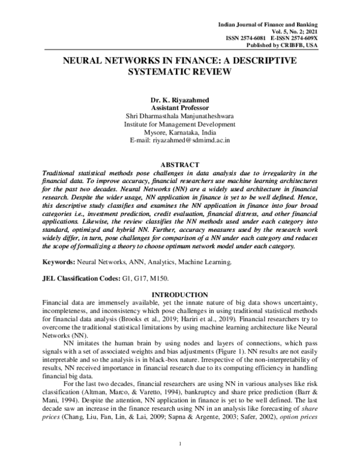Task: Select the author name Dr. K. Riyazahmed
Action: click(x=180, y=98)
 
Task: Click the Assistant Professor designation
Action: click(x=180, y=107)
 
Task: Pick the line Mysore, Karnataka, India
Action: click(x=180, y=132)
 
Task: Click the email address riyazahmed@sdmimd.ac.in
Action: click(x=192, y=141)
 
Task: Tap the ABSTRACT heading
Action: click(x=180, y=164)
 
